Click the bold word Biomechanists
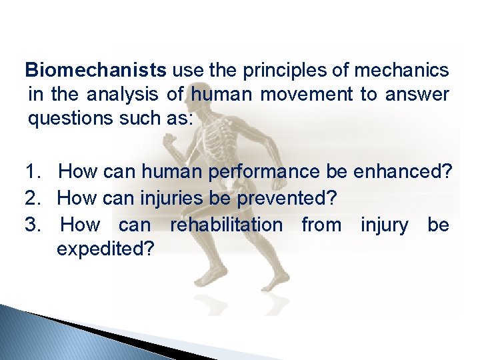coord(96,69)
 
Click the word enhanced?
coord(403,173)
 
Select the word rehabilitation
coord(226,225)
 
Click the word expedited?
coord(106,249)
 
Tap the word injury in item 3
coord(385,225)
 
